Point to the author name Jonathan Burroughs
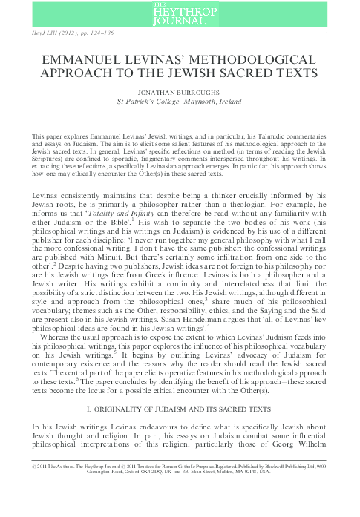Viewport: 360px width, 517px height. tap(180, 93)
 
